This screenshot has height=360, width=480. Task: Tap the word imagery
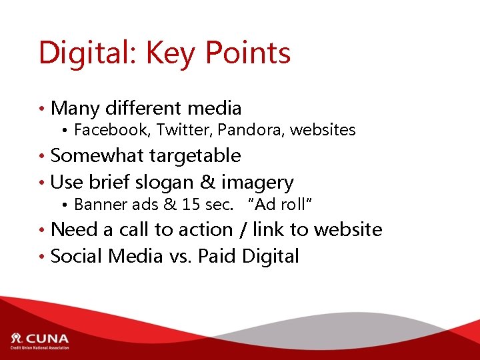pos(257,182)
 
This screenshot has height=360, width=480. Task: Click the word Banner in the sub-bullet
pos(97,204)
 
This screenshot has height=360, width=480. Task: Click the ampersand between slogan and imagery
pos(209,182)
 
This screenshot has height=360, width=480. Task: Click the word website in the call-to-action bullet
pos(347,230)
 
